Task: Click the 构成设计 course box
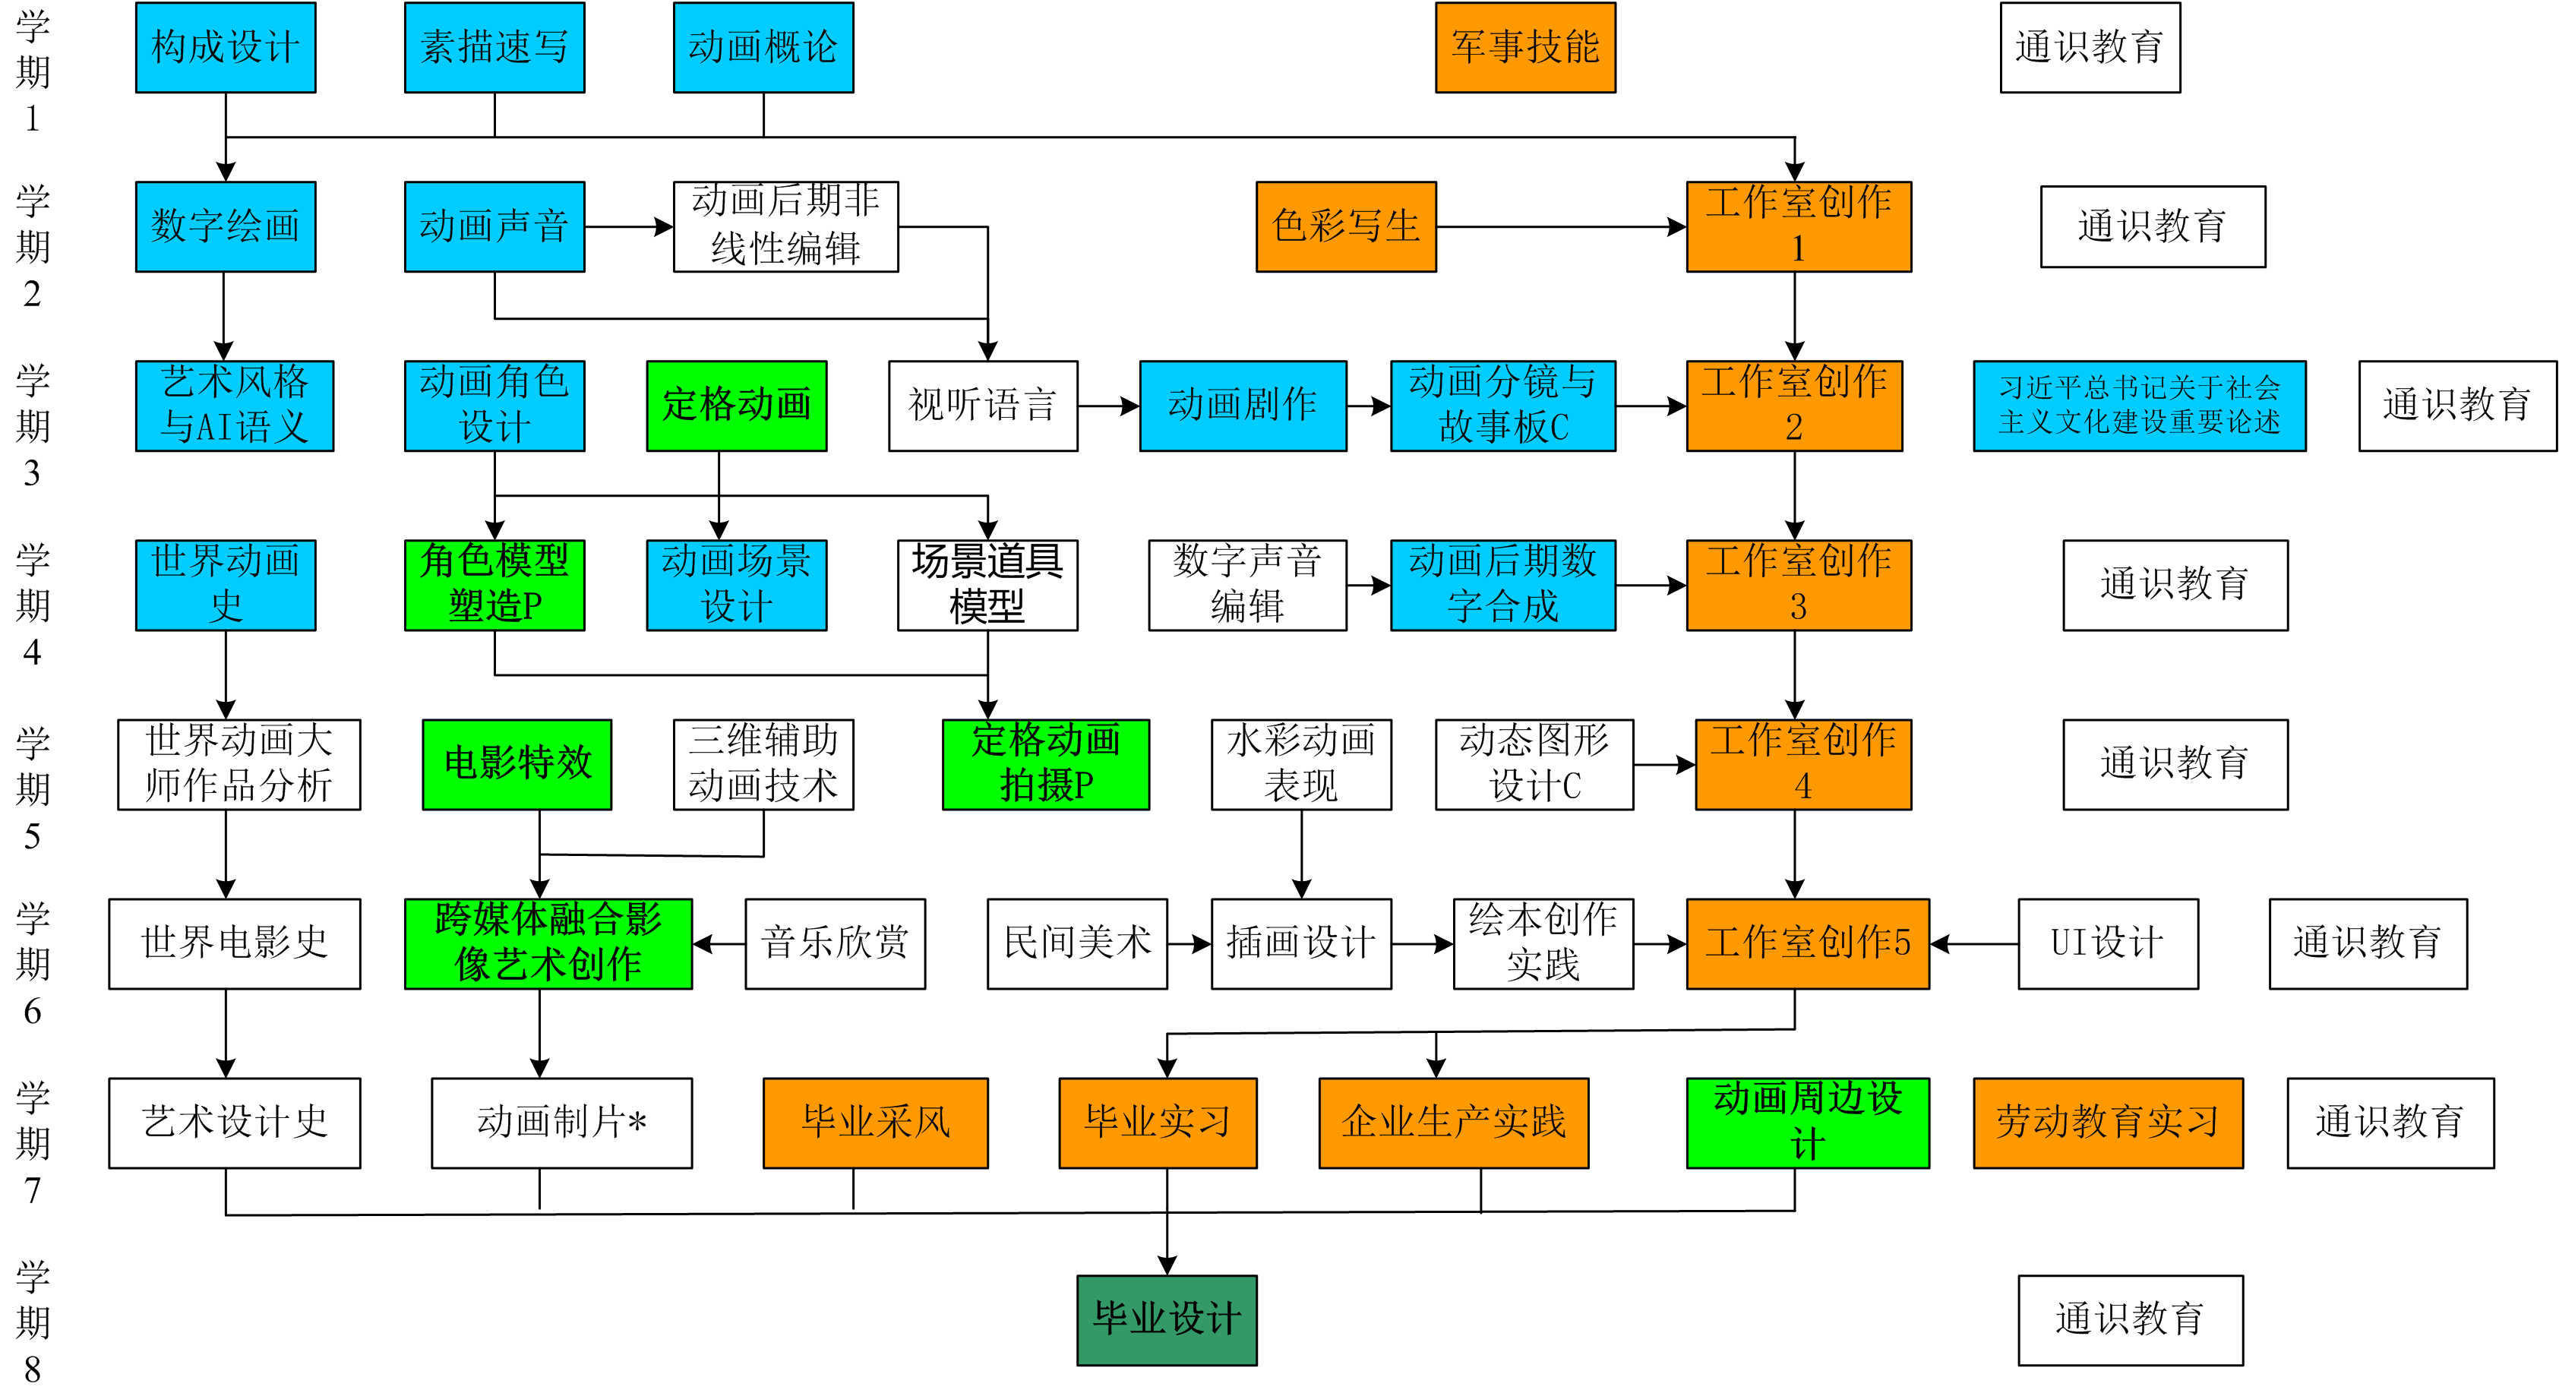coord(226,48)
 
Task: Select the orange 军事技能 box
coord(1525,48)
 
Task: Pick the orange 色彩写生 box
coord(1345,226)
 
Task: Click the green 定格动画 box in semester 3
coord(736,406)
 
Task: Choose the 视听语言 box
coord(982,406)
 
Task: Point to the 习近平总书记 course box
coord(2139,406)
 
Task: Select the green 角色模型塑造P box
coord(494,585)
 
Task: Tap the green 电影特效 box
coord(517,764)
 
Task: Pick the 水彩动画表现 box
coord(1300,764)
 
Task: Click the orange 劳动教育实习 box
coord(2107,1123)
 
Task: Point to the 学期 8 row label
coord(32,1322)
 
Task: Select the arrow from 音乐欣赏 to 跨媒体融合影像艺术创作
coord(719,944)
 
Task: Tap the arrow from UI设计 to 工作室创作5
coord(1974,944)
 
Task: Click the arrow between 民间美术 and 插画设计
coord(1189,944)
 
